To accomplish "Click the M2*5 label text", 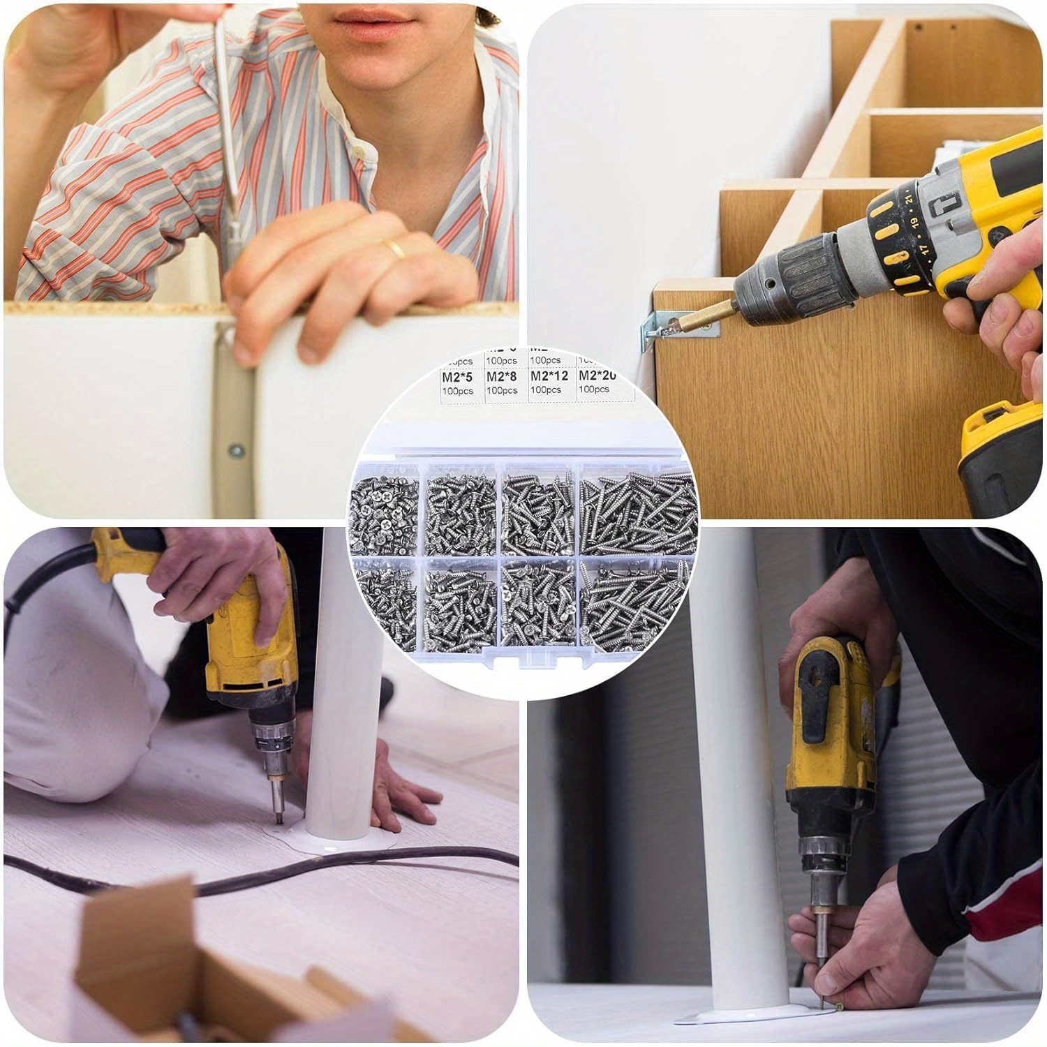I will pyautogui.click(x=457, y=377).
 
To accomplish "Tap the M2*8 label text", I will pyautogui.click(x=502, y=377).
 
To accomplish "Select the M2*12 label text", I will pyautogui.click(x=549, y=376).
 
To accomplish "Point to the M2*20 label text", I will pyautogui.click(x=597, y=376).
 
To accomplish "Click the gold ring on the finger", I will pyautogui.click(x=396, y=249).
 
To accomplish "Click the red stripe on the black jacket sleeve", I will pyautogui.click(x=1005, y=907).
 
